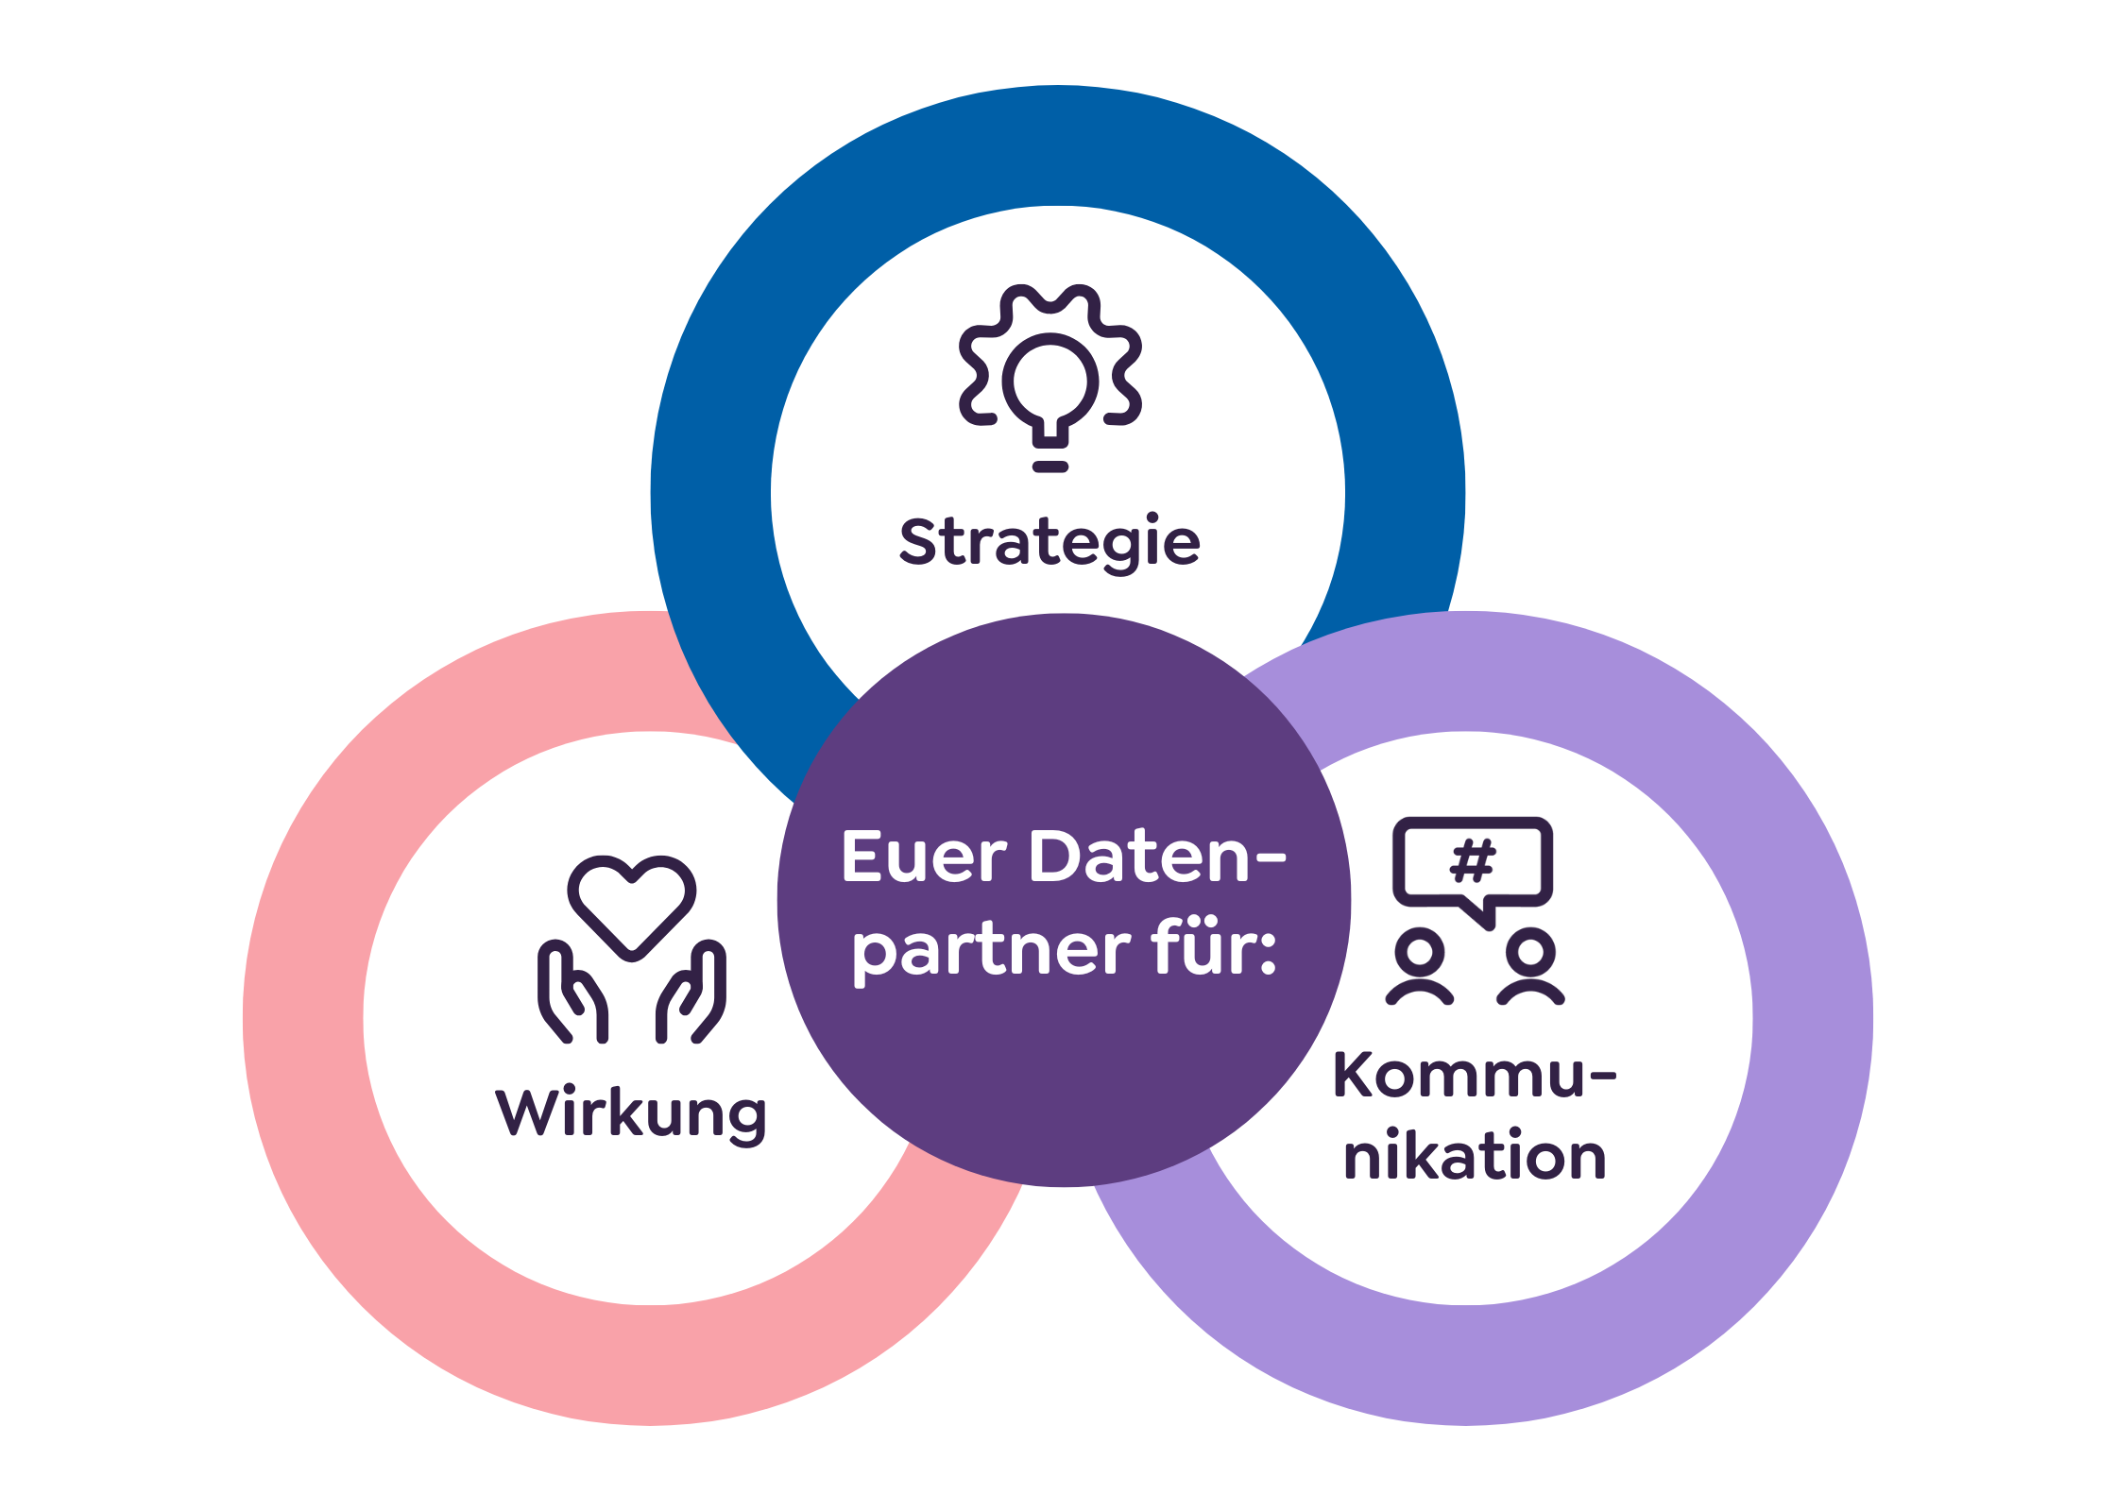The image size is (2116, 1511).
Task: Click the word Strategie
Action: pyautogui.click(x=1049, y=542)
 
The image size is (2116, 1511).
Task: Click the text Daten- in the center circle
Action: pyautogui.click(x=1157, y=857)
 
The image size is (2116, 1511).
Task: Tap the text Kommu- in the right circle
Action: pyautogui.click(x=1474, y=1076)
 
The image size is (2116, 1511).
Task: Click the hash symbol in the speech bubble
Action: pyautogui.click(x=1473, y=860)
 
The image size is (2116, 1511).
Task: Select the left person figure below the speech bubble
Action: pyautogui.click(x=1419, y=966)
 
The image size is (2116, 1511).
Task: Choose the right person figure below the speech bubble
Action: pyautogui.click(x=1530, y=966)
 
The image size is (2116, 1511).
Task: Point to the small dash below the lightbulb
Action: pyautogui.click(x=1050, y=467)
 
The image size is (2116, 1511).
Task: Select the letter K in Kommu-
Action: pyautogui.click(x=1356, y=1076)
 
